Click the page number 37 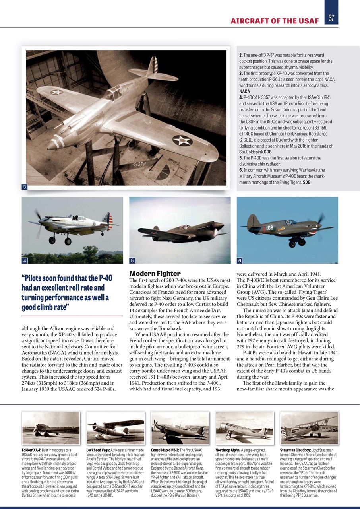[331, 18]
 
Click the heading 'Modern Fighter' [155, 274]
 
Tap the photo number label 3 [24, 187]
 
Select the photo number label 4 [25, 261]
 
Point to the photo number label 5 [132, 261]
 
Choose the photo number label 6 [240, 261]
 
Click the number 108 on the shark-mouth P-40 [269, 228]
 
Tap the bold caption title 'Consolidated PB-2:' [164, 450]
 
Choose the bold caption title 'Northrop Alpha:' [228, 450]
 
